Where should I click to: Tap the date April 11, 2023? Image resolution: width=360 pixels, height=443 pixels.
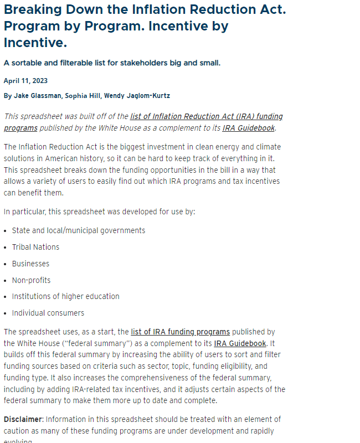(x=25, y=81)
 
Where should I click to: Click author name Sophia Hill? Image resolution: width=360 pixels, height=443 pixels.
(x=83, y=96)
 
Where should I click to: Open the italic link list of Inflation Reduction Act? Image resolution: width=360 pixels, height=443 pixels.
(x=206, y=117)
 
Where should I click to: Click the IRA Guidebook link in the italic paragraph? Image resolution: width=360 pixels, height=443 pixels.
(x=248, y=128)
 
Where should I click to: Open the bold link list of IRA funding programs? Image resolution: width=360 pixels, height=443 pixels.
(x=180, y=332)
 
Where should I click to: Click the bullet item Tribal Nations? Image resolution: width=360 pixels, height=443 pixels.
(x=35, y=247)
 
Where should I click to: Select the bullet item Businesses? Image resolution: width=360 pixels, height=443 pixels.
(x=30, y=264)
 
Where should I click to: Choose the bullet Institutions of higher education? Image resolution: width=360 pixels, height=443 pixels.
(x=65, y=296)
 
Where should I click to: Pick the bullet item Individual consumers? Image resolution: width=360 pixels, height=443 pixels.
(x=48, y=313)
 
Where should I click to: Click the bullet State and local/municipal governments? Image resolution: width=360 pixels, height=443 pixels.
(x=78, y=230)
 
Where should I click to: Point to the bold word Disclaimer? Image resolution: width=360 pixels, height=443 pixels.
(x=23, y=419)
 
